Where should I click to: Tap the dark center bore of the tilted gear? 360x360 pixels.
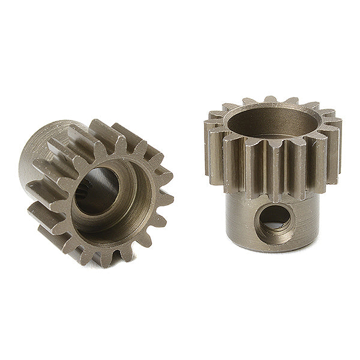[x=98, y=189]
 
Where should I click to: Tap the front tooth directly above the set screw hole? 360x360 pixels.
[x=276, y=171]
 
